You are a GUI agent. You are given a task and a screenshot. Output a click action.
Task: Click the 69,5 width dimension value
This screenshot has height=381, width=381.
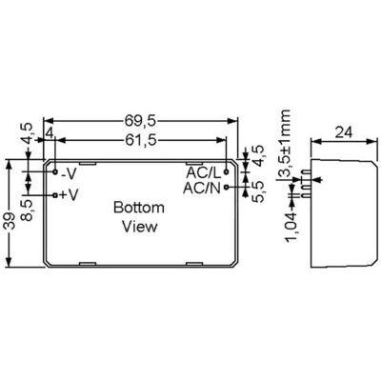140,121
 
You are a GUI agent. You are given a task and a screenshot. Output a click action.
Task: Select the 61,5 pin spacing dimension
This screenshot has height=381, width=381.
141,140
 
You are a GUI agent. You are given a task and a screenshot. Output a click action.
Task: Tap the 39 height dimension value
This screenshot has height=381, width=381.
10,220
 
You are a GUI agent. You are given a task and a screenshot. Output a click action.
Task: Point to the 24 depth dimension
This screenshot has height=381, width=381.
344,132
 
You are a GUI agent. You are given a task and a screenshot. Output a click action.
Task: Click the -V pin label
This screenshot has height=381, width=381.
69,173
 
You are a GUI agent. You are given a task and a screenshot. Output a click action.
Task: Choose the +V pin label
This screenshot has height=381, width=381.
69,194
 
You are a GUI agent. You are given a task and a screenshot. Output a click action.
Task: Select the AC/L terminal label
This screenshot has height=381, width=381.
203,173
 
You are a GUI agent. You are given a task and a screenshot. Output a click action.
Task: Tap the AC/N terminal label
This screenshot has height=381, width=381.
202,189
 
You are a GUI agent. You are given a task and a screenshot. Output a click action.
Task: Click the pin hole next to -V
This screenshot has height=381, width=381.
55,172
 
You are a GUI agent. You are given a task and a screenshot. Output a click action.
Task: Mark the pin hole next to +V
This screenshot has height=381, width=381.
55,194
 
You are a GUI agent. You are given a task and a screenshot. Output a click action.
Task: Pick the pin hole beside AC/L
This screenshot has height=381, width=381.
227,172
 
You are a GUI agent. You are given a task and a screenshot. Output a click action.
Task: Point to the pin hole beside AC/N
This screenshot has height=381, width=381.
227,188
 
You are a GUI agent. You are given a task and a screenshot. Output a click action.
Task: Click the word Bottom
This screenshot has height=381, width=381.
139,208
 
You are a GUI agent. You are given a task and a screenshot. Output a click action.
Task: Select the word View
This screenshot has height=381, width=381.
140,227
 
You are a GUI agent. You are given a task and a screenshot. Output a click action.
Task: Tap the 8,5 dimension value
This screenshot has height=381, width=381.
27,211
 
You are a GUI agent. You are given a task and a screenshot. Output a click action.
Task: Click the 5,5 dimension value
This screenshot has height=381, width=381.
258,191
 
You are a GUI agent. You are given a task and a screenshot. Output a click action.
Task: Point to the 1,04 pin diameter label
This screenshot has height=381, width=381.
291,228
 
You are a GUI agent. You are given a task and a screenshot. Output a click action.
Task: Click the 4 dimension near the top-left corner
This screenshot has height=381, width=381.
50,132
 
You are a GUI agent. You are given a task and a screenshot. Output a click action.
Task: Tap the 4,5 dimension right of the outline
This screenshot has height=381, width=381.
259,155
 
